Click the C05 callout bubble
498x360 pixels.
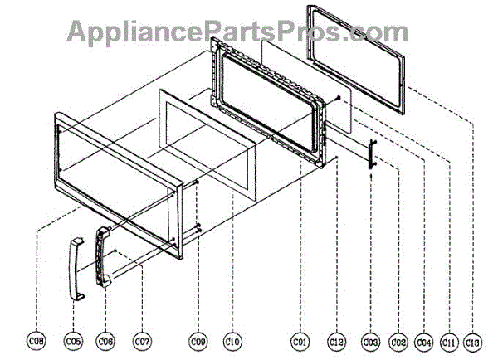75,340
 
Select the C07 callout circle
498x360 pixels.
143,340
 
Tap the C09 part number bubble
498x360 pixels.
198,340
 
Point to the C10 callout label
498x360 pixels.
232,340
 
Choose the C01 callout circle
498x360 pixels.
300,340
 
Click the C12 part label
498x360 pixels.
336,340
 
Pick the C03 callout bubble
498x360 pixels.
371,340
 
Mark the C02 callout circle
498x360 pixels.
398,340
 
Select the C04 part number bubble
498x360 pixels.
424,340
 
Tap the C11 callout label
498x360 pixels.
449,340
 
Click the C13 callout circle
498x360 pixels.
474,340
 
